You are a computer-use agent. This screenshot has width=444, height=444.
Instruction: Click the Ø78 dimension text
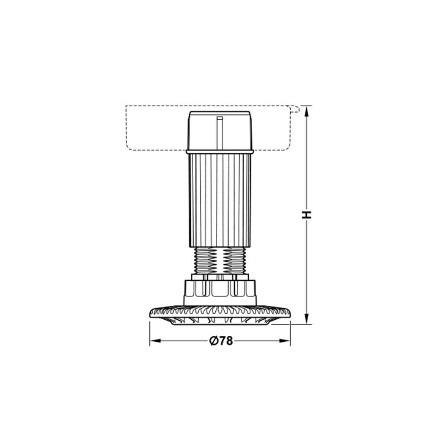click(221, 341)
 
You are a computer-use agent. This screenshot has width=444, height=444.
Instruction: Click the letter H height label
click(306, 214)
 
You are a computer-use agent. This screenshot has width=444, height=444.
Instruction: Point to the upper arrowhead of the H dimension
click(306, 111)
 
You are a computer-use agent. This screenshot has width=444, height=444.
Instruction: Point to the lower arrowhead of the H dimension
click(306, 318)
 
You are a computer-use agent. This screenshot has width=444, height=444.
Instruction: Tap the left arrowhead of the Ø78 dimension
click(155, 341)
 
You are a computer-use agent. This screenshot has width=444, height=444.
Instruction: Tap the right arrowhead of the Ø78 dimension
click(285, 341)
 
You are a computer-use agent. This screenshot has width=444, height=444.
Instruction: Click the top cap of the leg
click(220, 130)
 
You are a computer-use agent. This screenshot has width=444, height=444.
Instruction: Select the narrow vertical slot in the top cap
click(219, 133)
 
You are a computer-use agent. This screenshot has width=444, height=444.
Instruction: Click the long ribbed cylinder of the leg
click(220, 200)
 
